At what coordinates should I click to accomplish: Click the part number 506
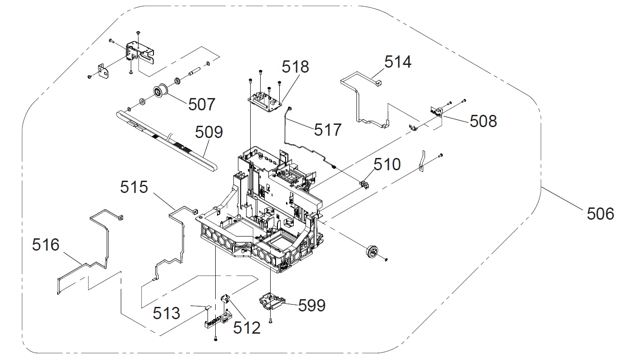599,213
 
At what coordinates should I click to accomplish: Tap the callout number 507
202,105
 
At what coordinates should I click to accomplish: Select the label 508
483,121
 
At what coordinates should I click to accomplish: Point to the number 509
209,132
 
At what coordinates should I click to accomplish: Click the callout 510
387,164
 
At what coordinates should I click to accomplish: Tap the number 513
166,313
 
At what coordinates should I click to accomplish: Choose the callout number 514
398,62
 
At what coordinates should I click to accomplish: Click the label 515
134,187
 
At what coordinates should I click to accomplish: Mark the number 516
45,245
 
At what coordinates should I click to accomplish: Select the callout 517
327,130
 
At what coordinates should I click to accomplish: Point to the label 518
295,67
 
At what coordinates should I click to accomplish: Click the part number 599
312,306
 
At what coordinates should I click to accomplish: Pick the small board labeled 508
435,111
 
